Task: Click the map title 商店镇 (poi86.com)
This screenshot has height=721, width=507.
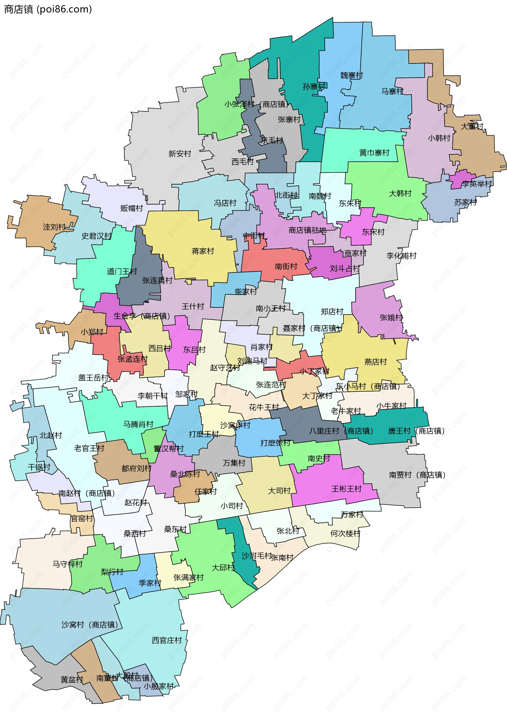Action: (48, 9)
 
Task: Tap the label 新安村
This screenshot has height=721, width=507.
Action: (180, 153)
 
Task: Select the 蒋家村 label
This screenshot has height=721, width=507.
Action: (203, 251)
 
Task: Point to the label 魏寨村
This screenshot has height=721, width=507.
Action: (351, 75)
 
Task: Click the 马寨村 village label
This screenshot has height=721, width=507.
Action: (392, 92)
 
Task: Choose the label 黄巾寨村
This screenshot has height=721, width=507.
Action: (374, 153)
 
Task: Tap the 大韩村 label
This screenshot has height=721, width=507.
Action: (400, 194)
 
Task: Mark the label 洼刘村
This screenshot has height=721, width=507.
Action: (54, 227)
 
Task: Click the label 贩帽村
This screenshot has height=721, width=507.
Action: (132, 208)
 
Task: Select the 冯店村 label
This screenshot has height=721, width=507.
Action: (225, 203)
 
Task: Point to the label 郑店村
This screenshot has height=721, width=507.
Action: (332, 311)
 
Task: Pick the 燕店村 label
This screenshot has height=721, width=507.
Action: (375, 362)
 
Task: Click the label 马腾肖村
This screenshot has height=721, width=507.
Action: (138, 424)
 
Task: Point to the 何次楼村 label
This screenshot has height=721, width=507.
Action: (345, 533)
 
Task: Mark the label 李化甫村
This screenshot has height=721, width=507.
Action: (401, 256)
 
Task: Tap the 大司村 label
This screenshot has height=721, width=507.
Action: (279, 491)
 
